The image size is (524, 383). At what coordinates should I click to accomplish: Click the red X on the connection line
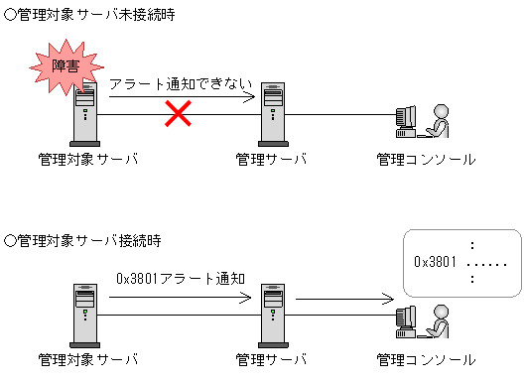click(x=178, y=114)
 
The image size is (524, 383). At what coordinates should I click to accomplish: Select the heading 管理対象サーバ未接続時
click(x=90, y=17)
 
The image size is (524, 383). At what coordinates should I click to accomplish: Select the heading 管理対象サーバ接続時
click(x=83, y=240)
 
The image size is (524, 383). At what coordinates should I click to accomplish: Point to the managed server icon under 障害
click(x=86, y=117)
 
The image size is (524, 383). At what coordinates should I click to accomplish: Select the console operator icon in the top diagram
click(x=421, y=121)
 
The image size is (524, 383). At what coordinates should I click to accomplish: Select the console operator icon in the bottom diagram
click(x=421, y=319)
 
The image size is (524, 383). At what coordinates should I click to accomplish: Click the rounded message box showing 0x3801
click(x=461, y=262)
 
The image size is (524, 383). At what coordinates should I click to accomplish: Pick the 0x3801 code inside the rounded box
click(x=435, y=262)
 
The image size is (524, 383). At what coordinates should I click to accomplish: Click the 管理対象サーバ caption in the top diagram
click(x=87, y=159)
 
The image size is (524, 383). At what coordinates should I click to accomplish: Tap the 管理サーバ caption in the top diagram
click(x=272, y=159)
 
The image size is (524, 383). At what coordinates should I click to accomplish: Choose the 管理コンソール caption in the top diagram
click(x=426, y=159)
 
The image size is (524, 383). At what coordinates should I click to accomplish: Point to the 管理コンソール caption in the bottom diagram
click(x=426, y=358)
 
